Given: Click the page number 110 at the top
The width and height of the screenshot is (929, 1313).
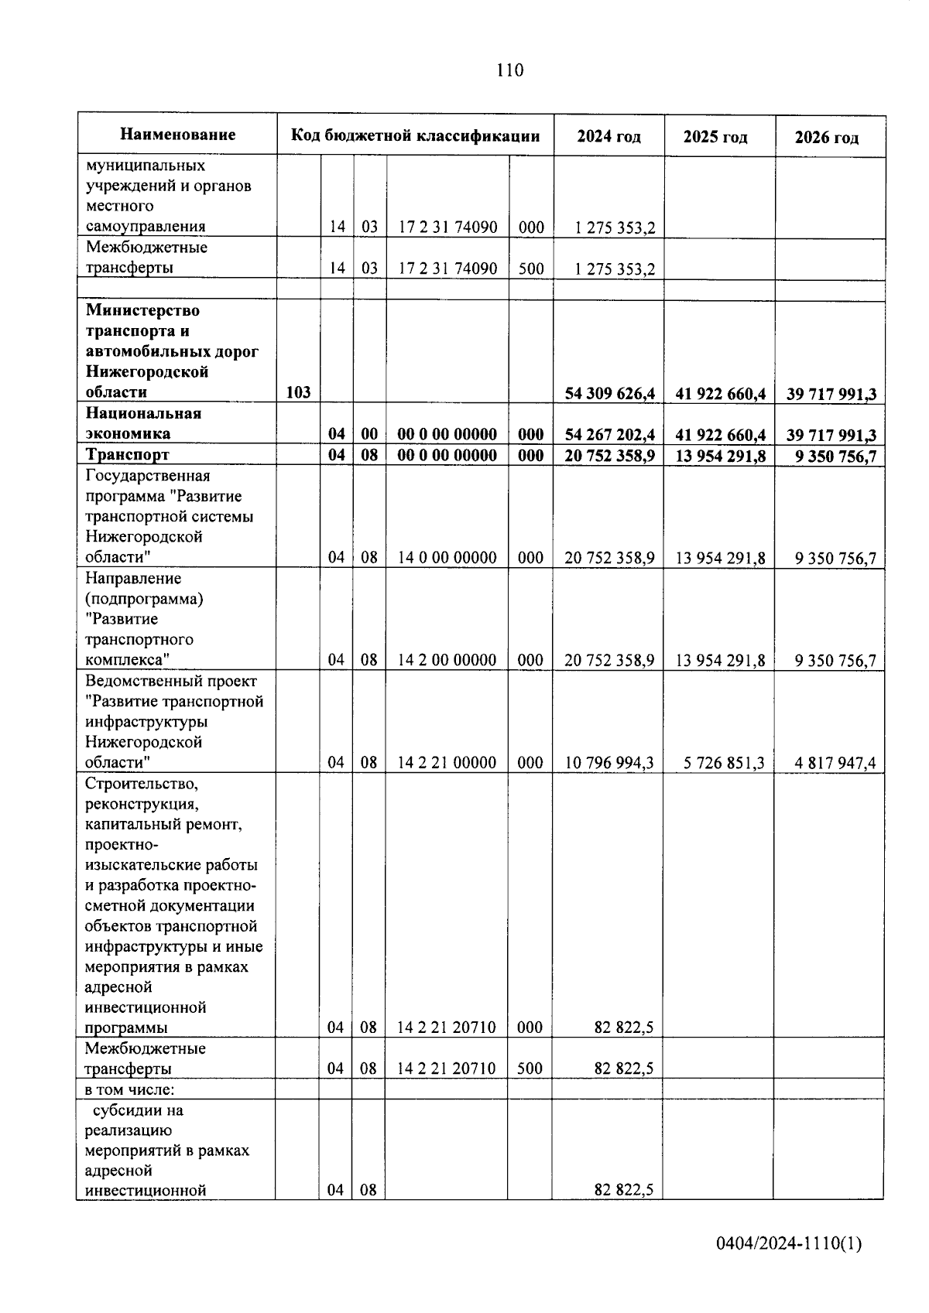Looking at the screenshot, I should tap(509, 70).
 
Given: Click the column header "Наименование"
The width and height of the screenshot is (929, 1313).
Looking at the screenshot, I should tap(177, 135).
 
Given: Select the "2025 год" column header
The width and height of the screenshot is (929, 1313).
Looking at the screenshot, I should tap(715, 137).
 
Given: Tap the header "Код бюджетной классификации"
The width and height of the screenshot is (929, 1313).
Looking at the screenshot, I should tap(415, 135).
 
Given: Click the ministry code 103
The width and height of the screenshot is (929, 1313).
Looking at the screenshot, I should tap(298, 392).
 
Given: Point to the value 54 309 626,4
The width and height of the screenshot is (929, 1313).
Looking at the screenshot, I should tap(609, 394).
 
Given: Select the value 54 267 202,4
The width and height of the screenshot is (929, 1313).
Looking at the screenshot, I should tap(609, 435).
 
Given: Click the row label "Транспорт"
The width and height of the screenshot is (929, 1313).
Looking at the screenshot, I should tap(127, 454).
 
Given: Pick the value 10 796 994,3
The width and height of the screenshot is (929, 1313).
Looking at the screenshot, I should tap(609, 763).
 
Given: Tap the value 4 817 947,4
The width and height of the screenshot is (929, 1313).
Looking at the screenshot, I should tap(835, 763).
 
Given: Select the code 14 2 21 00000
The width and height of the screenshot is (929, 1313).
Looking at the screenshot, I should tap(447, 763).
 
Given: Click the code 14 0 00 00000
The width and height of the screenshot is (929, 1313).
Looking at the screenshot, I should tap(447, 557).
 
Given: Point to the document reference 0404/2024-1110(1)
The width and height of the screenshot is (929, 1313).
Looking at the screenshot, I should tap(788, 1244).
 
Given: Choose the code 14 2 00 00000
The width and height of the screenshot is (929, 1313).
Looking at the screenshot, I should tap(447, 660).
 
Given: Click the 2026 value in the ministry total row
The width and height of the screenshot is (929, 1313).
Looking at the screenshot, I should tap(831, 394).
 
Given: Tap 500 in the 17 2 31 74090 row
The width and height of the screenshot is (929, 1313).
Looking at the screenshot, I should tap(530, 268).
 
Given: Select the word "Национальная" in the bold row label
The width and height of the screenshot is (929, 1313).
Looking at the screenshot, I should tap(143, 413).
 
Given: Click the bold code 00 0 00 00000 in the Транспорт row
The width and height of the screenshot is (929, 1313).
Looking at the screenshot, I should tap(447, 455).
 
